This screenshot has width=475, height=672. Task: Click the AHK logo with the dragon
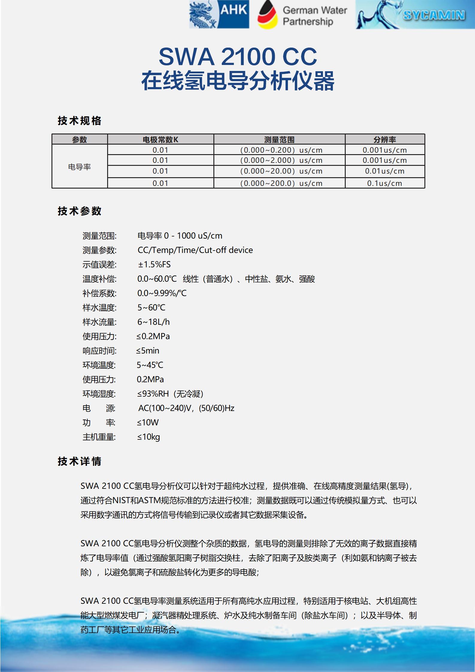(x=219, y=15)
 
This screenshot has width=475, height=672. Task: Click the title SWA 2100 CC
(x=238, y=56)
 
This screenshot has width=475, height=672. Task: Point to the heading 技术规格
(x=80, y=121)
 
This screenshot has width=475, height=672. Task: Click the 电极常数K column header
(x=160, y=139)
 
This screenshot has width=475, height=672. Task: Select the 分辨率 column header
(x=385, y=139)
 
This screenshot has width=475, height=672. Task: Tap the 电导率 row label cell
(x=80, y=167)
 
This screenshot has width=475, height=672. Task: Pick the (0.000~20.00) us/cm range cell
(x=281, y=171)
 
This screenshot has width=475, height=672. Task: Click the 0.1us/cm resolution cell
(x=385, y=183)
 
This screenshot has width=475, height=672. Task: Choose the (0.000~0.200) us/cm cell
(x=281, y=150)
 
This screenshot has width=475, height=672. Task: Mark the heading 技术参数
(x=80, y=211)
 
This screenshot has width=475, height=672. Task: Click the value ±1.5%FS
(x=154, y=265)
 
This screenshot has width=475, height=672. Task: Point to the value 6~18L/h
(x=154, y=322)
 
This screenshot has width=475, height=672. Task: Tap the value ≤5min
(x=148, y=351)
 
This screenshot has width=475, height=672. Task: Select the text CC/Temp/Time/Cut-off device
(x=195, y=250)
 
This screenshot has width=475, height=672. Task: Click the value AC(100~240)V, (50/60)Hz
(x=186, y=408)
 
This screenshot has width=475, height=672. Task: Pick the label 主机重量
(x=99, y=437)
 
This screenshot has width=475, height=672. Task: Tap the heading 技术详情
(x=80, y=461)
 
